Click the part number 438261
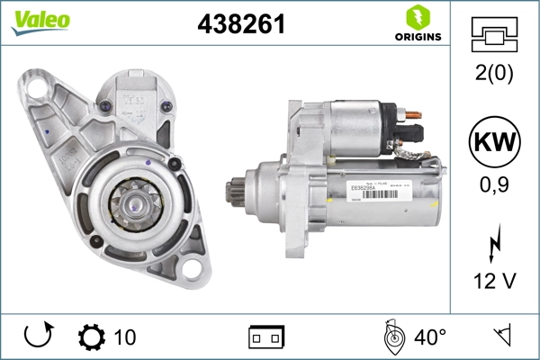[241, 25]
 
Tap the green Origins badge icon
[416, 17]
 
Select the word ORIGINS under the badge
[416, 37]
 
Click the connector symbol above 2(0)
[494, 35]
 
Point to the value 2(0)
[494, 73]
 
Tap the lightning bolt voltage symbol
[494, 246]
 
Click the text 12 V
[494, 282]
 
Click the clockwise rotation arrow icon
[38, 337]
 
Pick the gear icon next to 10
[92, 337]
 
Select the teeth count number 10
[125, 337]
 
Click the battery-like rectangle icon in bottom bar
[266, 337]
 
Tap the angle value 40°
[428, 337]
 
